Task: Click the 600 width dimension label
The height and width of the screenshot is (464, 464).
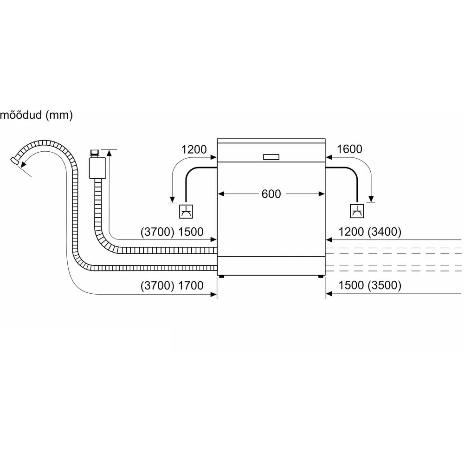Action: coord(271,194)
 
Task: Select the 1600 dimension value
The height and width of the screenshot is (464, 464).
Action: coord(349,149)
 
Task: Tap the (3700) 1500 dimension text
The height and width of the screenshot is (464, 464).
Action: coord(172,232)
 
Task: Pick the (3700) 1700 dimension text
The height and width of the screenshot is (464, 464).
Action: coord(172,285)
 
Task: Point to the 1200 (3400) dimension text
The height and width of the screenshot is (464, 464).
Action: coord(370,232)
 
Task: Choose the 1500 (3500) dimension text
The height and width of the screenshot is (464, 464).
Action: coord(370,285)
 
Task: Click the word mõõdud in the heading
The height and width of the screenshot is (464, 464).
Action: coord(21,115)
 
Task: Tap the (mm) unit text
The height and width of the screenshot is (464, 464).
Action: coord(59,115)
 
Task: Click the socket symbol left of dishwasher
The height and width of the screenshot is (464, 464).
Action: coord(186,211)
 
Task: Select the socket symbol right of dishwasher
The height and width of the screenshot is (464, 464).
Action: coord(357,211)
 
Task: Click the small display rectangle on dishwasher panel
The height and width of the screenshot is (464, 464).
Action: coord(271,157)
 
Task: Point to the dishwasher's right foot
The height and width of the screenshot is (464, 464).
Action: coord(321,277)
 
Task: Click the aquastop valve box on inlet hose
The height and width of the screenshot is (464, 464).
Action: coord(97,168)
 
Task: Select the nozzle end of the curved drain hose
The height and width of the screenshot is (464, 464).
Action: coord(14,161)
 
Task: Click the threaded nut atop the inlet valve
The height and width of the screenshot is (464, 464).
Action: coord(95,153)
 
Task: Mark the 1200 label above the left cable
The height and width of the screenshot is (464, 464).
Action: coord(194,149)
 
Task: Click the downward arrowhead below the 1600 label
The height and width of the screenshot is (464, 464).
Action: coord(371,199)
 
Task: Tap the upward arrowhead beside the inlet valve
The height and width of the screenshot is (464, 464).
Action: coord(109,153)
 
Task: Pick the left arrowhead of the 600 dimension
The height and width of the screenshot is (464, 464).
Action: coord(221,194)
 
